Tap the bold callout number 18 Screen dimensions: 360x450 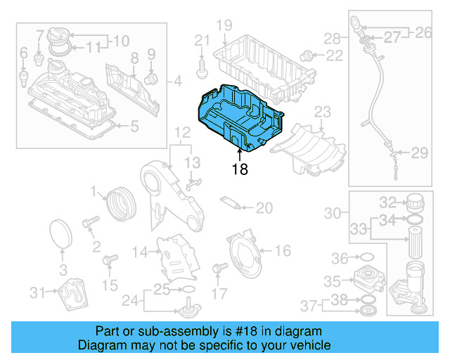pyautogui.click(x=240, y=169)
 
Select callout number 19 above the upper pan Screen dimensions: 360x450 pyautogui.click(x=224, y=27)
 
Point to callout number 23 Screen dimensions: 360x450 pyautogui.click(x=321, y=112)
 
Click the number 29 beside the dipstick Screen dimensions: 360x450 pyautogui.click(x=419, y=153)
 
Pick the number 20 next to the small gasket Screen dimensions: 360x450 pyautogui.click(x=264, y=207)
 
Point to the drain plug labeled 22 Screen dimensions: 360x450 pyautogui.click(x=307, y=54)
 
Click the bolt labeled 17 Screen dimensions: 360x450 pyautogui.click(x=218, y=269)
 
